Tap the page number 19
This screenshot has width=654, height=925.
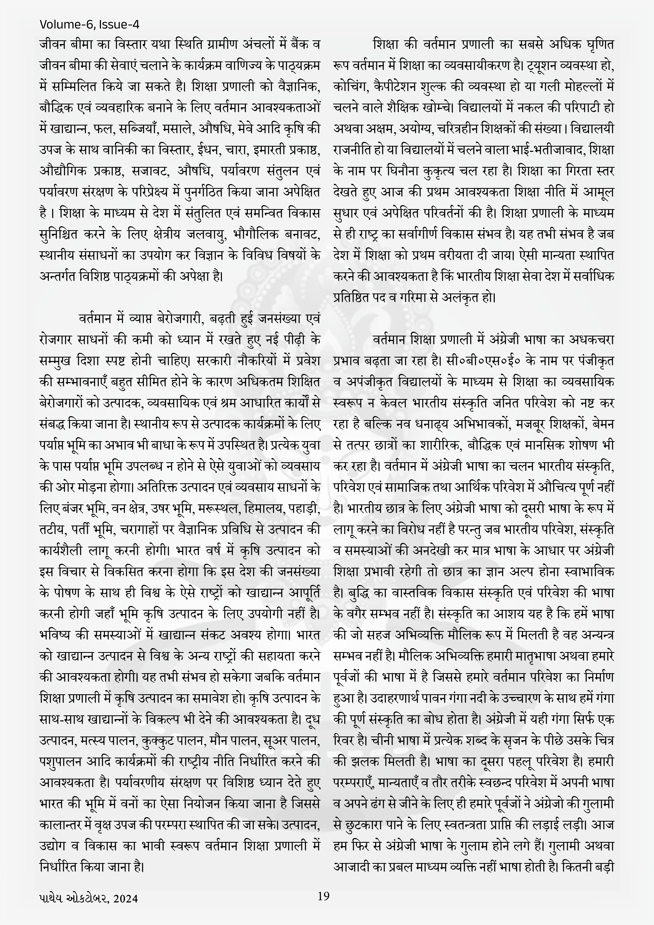(323, 896)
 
